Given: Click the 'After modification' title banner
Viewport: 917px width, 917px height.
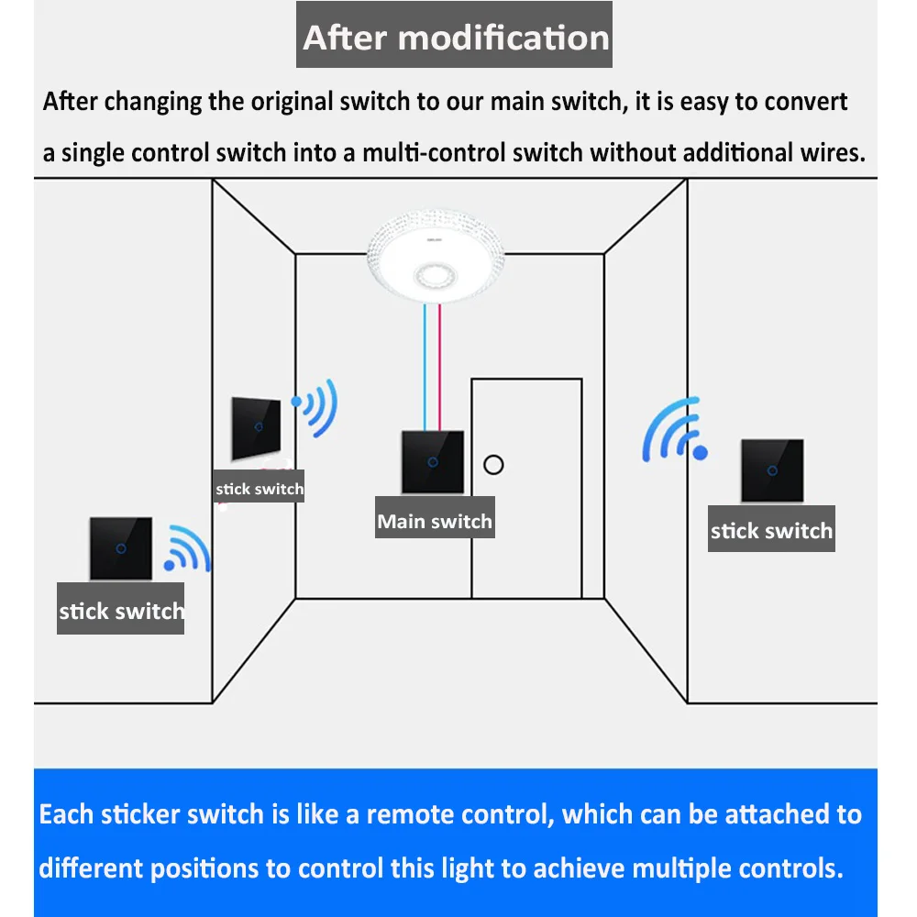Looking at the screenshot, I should (x=455, y=38).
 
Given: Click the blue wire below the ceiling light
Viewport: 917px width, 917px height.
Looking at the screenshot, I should (x=424, y=367).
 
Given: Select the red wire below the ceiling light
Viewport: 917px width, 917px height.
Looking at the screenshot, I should (x=440, y=367).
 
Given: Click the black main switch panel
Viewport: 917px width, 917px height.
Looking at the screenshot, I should (x=433, y=461).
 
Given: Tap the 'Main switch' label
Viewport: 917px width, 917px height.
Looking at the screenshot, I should (x=435, y=522).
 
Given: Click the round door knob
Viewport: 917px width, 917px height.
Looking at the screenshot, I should (x=493, y=463).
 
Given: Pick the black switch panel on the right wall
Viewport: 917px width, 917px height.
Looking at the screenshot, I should (x=772, y=470).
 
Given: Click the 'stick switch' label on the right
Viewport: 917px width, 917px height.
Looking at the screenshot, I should (x=771, y=531).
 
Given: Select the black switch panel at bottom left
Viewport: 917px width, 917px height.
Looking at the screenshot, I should (x=120, y=548).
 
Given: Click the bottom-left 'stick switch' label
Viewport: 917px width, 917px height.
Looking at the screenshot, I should (x=120, y=611).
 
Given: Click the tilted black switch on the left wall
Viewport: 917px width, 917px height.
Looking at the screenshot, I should (x=258, y=428).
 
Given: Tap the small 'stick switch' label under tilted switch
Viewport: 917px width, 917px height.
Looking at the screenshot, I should (x=259, y=489).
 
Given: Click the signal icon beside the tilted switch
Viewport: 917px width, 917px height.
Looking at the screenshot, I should (x=315, y=406).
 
